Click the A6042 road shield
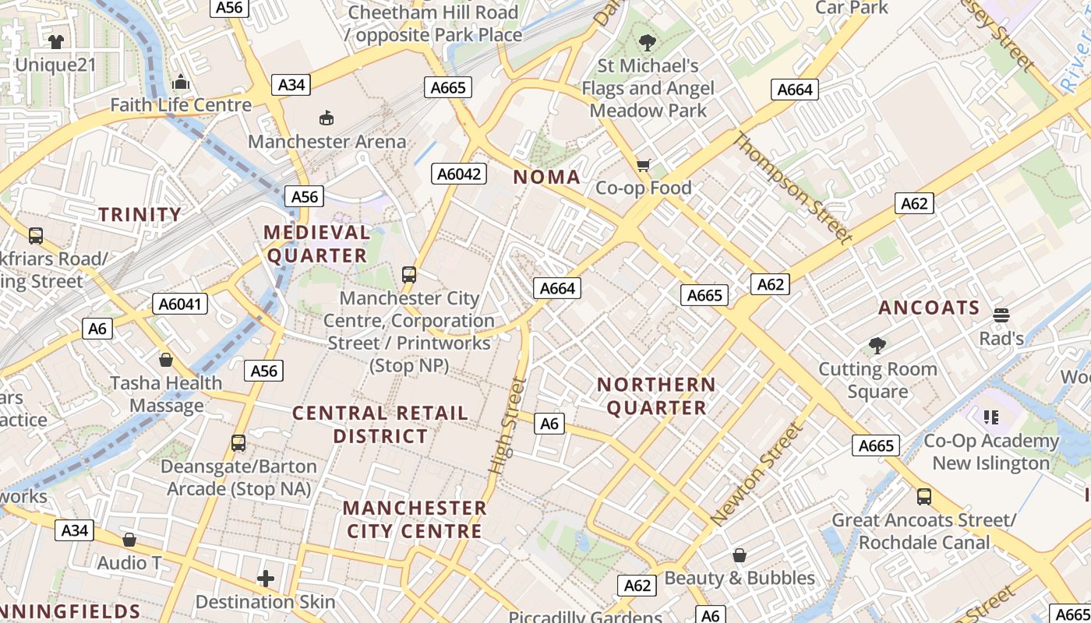coord(459,174)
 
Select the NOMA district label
coord(547,177)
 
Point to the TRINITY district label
coord(140,214)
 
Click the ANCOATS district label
coord(929,308)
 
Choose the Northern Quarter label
coord(656,396)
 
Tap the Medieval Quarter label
coord(316,244)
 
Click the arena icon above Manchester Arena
coord(327,118)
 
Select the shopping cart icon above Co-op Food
coord(644,164)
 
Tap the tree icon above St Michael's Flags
coord(647,42)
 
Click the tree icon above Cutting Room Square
coord(877,345)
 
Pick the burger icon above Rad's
coord(1001,315)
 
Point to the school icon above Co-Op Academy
coord(991,417)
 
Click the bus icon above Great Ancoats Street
coord(924,496)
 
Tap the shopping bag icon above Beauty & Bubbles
coord(739,555)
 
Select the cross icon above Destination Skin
coord(266,579)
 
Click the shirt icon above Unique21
coord(55,41)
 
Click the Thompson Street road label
coord(791,188)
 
